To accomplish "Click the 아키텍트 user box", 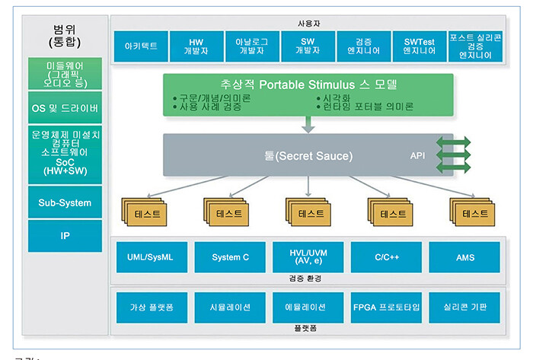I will tap(141, 46).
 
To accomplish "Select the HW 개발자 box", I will tap(196, 46).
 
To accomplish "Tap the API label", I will tap(418, 156).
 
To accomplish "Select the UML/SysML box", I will tap(151, 257).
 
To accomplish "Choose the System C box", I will tap(230, 257).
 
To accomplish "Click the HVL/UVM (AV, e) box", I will tap(308, 257).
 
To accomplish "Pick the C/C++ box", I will tap(387, 257).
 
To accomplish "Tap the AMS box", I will tap(464, 257).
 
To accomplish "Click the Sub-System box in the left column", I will tap(65, 203).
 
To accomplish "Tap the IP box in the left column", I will tap(65, 236).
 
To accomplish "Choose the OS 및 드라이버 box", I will tap(65, 109).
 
